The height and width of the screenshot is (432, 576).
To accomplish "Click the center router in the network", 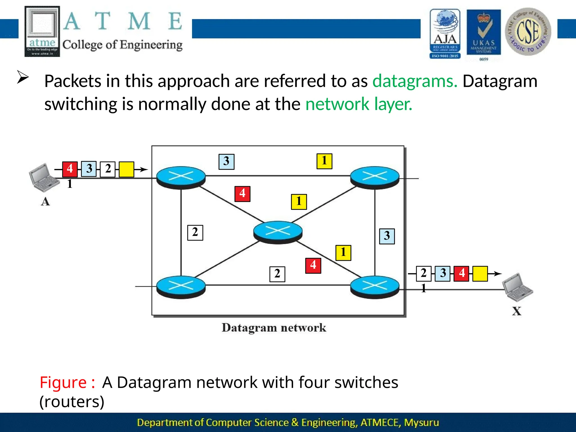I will pyautogui.click(x=278, y=232).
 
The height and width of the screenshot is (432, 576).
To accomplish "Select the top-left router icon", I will pyautogui.click(x=181, y=177).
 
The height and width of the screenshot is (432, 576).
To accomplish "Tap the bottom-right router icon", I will pyautogui.click(x=375, y=287).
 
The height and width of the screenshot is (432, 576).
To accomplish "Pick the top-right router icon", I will pyautogui.click(x=375, y=177).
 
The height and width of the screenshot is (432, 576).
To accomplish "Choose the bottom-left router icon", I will pyautogui.click(x=181, y=287).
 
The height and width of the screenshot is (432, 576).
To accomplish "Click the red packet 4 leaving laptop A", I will pyautogui.click(x=70, y=169).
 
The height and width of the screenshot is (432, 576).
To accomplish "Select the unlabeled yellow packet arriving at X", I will pyautogui.click(x=480, y=274).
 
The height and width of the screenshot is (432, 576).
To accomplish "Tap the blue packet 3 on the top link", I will pyautogui.click(x=226, y=162).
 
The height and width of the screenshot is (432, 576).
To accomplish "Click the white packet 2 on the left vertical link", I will pyautogui.click(x=195, y=233).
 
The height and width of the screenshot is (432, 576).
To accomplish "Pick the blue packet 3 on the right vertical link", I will pyautogui.click(x=387, y=236).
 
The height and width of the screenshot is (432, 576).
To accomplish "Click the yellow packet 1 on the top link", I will pyautogui.click(x=324, y=161).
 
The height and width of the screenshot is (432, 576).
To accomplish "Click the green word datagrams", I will pyautogui.click(x=415, y=81).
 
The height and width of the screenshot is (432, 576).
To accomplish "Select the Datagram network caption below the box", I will pyautogui.click(x=274, y=328).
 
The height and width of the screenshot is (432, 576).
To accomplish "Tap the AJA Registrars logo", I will pyautogui.click(x=445, y=34).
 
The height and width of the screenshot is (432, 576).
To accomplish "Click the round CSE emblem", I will pyautogui.click(x=528, y=32).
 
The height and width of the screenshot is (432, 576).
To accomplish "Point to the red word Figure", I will pyautogui.click(x=63, y=382).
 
